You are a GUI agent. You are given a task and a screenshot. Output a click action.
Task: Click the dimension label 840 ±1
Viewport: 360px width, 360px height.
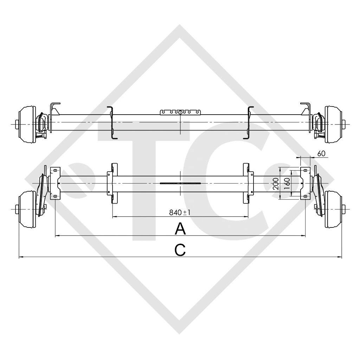(180, 212)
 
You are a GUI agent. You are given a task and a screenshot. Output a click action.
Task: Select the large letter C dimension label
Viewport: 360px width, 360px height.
(180, 250)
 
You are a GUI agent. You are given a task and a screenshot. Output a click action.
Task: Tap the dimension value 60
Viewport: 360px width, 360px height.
(321, 154)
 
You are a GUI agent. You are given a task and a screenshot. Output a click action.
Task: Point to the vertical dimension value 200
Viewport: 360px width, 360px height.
(276, 184)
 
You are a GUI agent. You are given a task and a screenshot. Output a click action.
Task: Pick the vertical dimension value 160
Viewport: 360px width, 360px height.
(287, 184)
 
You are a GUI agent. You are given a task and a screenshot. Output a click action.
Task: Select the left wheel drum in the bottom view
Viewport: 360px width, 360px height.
(26, 210)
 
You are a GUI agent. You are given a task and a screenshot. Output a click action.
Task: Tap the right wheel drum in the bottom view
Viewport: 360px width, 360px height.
(334, 210)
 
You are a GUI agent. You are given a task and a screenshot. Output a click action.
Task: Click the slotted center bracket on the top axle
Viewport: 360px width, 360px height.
(180, 112)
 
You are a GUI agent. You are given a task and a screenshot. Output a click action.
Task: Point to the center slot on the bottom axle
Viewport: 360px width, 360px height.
(180, 184)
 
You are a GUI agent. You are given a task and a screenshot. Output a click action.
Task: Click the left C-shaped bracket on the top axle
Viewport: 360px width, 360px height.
(111, 123)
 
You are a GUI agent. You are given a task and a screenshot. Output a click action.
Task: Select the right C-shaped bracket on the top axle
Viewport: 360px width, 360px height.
(250, 123)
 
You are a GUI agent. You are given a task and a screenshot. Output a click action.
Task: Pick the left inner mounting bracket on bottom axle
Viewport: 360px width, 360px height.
(112, 183)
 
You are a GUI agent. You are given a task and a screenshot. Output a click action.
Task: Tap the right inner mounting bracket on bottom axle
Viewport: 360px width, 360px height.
(249, 183)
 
